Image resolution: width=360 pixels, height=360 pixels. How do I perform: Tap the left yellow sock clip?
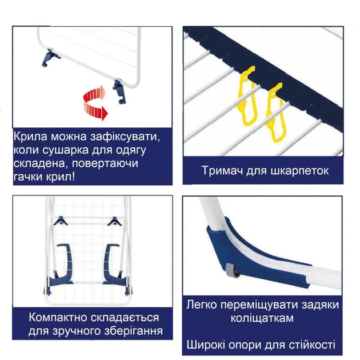[x=245, y=97]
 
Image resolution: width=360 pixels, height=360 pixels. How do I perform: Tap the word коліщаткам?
[x=263, y=318]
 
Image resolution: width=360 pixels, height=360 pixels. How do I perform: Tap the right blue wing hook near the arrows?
[x=119, y=91]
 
